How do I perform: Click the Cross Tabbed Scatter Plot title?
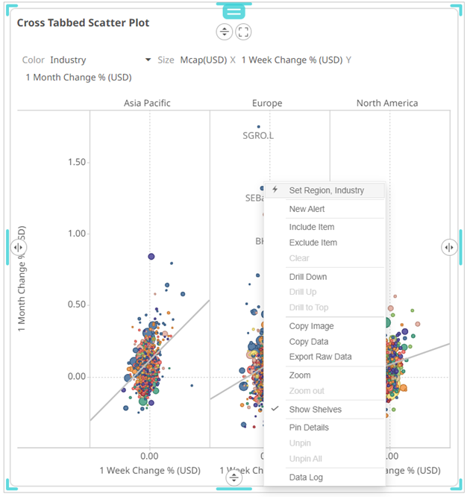[83, 23]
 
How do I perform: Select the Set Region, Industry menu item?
[326, 190]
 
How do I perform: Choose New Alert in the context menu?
[307, 209]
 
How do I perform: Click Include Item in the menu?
[311, 227]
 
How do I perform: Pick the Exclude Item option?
[313, 243]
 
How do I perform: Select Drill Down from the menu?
[307, 277]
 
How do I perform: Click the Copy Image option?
[311, 326]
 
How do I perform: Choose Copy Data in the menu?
[308, 342]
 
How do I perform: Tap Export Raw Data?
[320, 357]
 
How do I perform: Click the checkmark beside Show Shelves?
[275, 410]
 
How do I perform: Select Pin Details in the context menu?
[309, 428]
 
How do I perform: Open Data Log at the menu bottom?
[306, 478]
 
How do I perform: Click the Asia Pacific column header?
[147, 103]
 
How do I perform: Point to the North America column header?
[386, 103]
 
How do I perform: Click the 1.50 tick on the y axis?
[77, 163]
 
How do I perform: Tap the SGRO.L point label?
[258, 136]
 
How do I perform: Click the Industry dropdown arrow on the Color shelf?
[148, 60]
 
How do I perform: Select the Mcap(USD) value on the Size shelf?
[203, 60]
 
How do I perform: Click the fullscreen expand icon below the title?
[243, 31]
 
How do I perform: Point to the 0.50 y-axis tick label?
[77, 304]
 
